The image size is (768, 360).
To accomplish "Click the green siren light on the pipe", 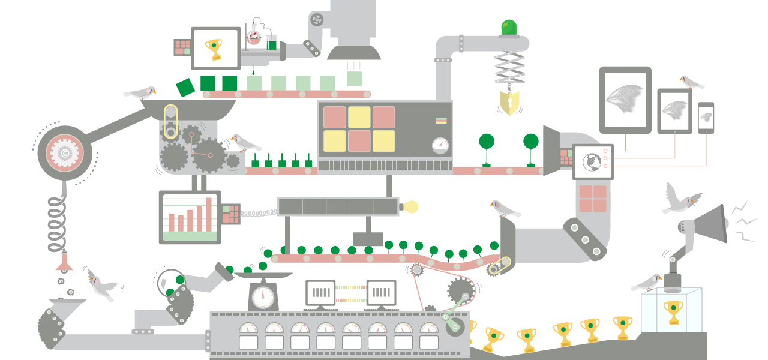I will [x=509, y=28].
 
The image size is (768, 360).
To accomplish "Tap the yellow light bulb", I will [x=410, y=207].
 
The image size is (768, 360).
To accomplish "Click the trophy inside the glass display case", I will [x=673, y=312].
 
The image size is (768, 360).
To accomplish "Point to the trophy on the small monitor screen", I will [x=213, y=49].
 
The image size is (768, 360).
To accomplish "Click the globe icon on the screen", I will [x=592, y=161].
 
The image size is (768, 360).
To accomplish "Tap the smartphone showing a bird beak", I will [x=706, y=118].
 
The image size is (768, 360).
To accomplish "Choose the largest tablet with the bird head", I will [x=625, y=100].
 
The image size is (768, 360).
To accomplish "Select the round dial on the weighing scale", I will [x=263, y=297].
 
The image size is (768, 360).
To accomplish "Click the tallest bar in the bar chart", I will [x=209, y=214].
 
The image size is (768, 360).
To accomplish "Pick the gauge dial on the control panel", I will [x=441, y=146].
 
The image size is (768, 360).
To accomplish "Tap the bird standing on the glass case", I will [x=647, y=282].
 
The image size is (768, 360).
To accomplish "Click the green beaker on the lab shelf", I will [x=272, y=43].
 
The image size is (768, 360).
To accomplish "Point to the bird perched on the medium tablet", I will [x=691, y=82].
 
